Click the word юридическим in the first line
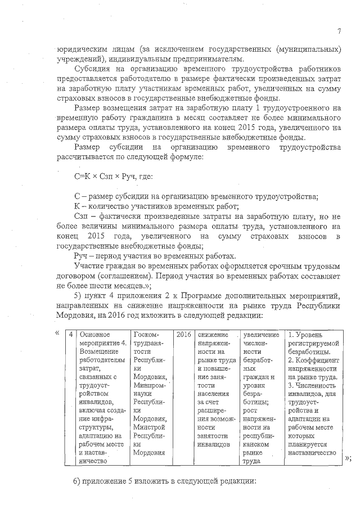click(78, 49)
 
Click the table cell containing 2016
click(183, 335)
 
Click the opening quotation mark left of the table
click(57, 332)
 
